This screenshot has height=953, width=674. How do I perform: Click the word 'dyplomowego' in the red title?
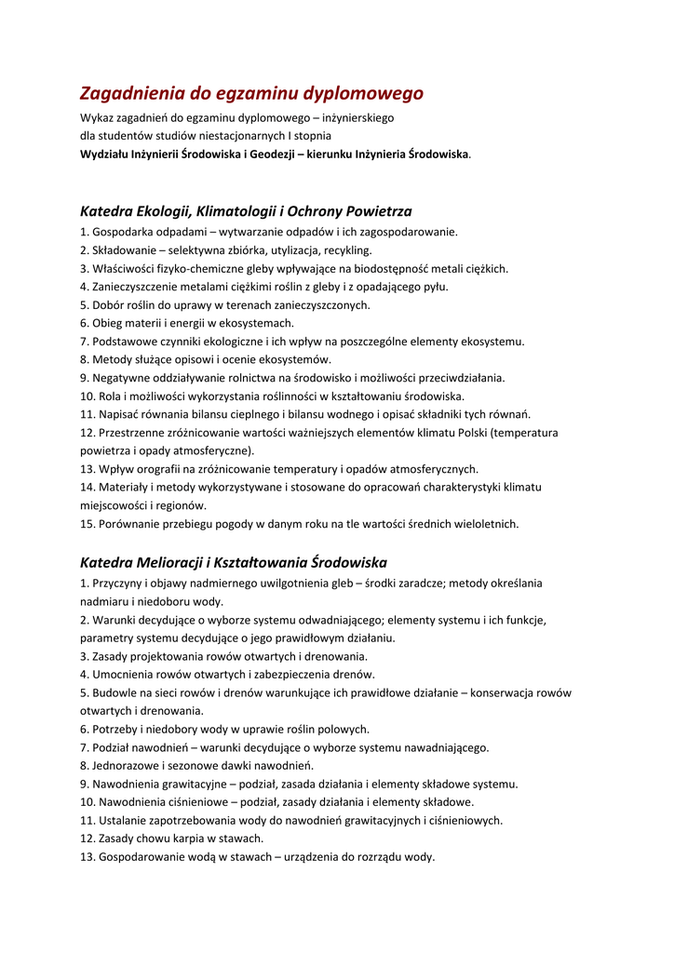tap(364, 93)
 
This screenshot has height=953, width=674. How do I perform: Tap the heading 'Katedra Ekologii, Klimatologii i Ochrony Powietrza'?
tap(246, 211)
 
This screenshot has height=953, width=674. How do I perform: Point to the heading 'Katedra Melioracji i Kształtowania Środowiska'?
tap(234, 562)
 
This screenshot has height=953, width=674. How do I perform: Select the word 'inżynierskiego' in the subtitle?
tap(357, 118)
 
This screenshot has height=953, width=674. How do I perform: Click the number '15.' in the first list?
tap(89, 524)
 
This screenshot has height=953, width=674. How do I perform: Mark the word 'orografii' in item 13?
tap(155, 469)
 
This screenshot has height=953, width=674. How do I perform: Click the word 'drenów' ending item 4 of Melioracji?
tap(355, 674)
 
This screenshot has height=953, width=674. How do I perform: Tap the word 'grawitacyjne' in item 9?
tap(192, 784)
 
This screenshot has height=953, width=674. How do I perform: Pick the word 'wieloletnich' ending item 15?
tap(487, 524)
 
